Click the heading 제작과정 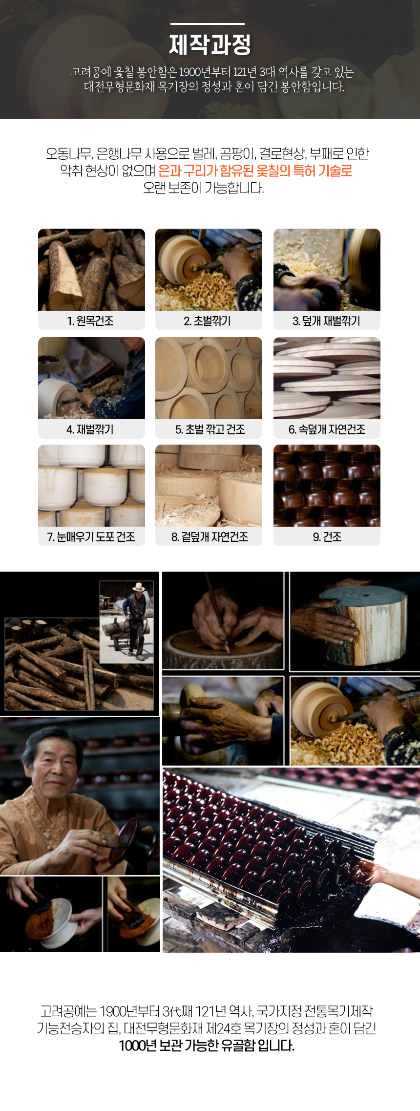tap(210, 44)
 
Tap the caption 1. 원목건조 tap(91, 321)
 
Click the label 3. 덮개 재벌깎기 tap(326, 321)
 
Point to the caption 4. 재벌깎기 tap(90, 429)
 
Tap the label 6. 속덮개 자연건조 tap(327, 429)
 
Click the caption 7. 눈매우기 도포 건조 tap(91, 537)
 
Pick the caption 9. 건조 tap(327, 537)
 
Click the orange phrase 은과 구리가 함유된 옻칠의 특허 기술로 tap(255, 171)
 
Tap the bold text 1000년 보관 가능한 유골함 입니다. tap(207, 1046)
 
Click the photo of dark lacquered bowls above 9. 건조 tap(327, 486)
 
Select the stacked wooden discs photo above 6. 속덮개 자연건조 tap(327, 378)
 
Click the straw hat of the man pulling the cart tap(139, 587)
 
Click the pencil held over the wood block tap(217, 611)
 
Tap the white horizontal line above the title tap(208, 23)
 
